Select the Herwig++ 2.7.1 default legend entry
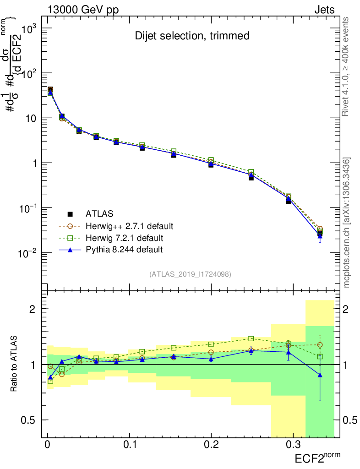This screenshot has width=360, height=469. click(129, 226)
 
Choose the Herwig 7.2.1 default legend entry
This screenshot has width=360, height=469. click(124, 238)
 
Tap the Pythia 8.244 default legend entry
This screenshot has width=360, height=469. click(124, 250)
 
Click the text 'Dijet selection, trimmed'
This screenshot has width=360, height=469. click(192, 36)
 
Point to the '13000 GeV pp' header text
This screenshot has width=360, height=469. click(83, 10)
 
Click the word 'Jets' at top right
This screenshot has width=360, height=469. click(324, 10)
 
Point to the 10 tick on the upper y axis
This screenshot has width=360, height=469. click(33, 118)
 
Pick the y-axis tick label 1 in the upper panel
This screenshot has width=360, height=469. click(36, 163)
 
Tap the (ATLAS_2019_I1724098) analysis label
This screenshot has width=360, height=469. click(190, 274)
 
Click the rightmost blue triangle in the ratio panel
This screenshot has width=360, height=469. click(320, 375)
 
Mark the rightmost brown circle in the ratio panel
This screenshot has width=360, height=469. click(320, 345)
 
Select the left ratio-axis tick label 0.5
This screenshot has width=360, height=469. click(33, 420)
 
